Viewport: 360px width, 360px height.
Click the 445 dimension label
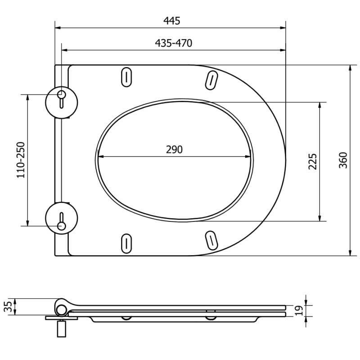pyautogui.click(x=172, y=21)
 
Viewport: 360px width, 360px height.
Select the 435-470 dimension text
pyautogui.click(x=173, y=43)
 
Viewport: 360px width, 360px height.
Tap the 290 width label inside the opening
pyautogui.click(x=174, y=149)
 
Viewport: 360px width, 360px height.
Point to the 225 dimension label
pyautogui.click(x=312, y=162)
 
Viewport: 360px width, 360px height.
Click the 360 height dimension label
pyautogui.click(x=343, y=160)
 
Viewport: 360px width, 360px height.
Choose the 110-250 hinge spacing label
pyautogui.click(x=21, y=160)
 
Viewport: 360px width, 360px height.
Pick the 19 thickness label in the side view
pyautogui.click(x=299, y=310)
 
